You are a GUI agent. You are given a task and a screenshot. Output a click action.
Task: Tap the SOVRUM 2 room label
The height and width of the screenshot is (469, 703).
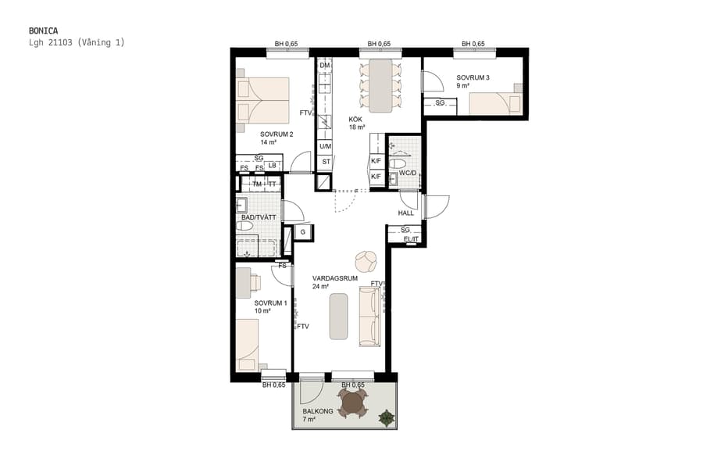click(x=277, y=134)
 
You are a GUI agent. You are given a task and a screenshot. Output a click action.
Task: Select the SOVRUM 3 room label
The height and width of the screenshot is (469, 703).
click(x=473, y=77)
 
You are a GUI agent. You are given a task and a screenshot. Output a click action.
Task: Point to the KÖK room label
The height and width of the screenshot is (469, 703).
click(x=356, y=119)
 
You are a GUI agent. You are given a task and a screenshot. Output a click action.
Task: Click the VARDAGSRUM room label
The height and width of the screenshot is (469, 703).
click(x=334, y=278)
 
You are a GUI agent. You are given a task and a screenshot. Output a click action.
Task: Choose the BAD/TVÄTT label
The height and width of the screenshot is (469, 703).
click(x=258, y=217)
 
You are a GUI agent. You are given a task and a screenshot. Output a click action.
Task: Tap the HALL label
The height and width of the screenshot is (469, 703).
click(x=405, y=213)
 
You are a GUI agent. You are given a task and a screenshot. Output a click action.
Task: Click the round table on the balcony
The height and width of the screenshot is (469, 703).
click(x=354, y=403)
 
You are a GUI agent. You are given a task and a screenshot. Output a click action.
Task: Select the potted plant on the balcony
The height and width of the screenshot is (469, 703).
click(x=386, y=418)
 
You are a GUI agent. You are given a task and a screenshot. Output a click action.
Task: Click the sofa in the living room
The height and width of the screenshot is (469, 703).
click(x=369, y=316)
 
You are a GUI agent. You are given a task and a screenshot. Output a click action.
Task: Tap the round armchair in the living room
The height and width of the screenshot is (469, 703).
click(x=366, y=260)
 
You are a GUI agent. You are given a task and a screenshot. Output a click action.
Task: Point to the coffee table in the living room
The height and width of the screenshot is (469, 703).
click(x=338, y=316)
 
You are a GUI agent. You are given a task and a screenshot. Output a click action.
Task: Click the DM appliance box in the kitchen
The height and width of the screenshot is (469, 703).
click(x=325, y=66)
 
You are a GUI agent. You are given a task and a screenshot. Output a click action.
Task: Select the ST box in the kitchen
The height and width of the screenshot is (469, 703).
click(x=326, y=162)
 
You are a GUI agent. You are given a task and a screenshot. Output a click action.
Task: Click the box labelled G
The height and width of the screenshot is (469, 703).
click(x=302, y=232)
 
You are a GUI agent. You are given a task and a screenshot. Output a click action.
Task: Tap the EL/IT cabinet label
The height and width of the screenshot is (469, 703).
click(x=412, y=239)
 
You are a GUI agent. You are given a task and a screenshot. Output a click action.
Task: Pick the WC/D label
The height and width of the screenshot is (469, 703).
click(x=408, y=174)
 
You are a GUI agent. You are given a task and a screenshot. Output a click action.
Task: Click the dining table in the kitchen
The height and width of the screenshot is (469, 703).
click(x=380, y=84)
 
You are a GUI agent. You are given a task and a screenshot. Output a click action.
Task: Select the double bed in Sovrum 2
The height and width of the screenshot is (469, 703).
click(x=262, y=100)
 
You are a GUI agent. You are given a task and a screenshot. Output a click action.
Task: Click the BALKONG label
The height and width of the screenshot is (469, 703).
click(x=318, y=411)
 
